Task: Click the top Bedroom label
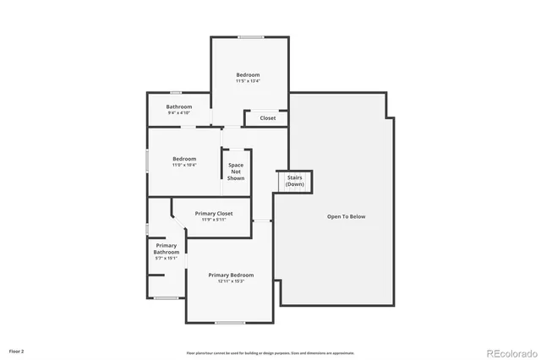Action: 248,75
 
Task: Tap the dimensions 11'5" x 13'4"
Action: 248,81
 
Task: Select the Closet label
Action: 267,118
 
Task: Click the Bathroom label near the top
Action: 178,106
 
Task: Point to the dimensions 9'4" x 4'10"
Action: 178,112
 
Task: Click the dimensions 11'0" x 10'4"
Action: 184,165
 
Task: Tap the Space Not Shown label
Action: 236,172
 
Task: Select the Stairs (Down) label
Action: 295,181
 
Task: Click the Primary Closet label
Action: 213,214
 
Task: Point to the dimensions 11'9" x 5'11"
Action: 213,220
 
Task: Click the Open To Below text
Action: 347,217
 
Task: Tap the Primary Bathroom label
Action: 166,248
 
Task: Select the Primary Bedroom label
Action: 231,275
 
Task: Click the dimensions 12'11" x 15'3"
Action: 231,281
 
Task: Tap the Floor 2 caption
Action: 16,350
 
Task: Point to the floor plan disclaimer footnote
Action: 270,352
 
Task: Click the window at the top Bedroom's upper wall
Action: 249,36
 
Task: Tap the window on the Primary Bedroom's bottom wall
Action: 229,322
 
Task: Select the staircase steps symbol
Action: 288,189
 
